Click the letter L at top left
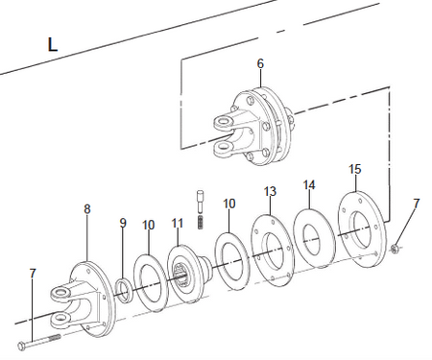click(53, 44)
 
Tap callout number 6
click(260, 63)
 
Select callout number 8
click(87, 209)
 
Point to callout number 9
click(123, 223)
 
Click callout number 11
click(178, 223)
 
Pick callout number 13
click(270, 191)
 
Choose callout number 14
click(309, 185)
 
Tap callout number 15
click(355, 169)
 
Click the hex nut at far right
click(395, 248)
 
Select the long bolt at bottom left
click(39, 341)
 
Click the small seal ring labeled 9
click(124, 290)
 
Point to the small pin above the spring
click(201, 202)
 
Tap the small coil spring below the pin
click(201, 222)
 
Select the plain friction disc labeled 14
click(314, 238)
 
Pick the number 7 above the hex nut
click(416, 204)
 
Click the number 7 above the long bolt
click(33, 274)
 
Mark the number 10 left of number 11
click(149, 226)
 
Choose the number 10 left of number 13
click(229, 204)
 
